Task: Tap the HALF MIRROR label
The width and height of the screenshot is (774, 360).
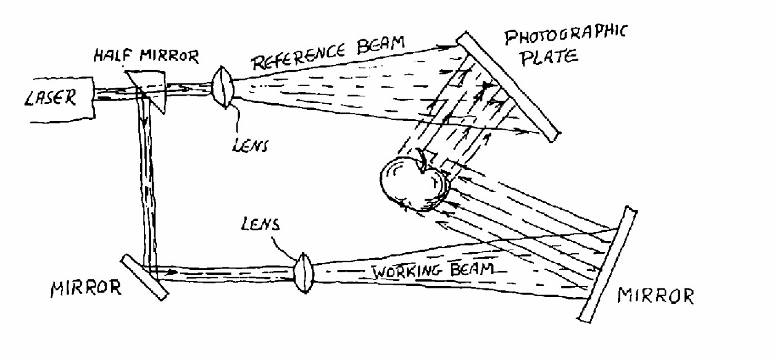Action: click(146, 56)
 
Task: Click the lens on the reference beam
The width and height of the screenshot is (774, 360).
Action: click(223, 85)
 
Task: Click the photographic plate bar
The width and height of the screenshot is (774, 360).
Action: click(507, 86)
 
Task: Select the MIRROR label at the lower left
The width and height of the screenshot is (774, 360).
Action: click(86, 288)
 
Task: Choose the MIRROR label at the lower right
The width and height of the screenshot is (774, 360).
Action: click(655, 296)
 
